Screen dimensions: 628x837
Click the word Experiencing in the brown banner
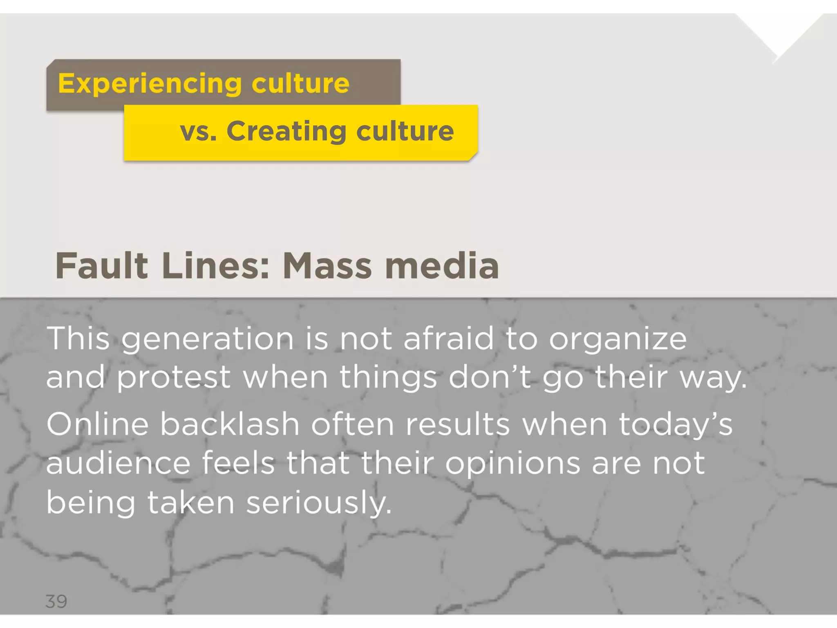coord(150,84)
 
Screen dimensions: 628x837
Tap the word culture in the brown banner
coord(300,83)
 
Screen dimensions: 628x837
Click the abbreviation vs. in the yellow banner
coord(198,132)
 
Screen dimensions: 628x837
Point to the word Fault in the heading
coord(101,266)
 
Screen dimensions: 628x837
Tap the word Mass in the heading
coord(327,266)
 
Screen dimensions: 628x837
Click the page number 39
coord(56,601)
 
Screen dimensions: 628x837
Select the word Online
coord(98,424)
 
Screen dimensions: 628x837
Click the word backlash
coord(230,424)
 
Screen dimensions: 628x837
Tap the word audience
coord(118,463)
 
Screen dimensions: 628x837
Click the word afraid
coord(448,339)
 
